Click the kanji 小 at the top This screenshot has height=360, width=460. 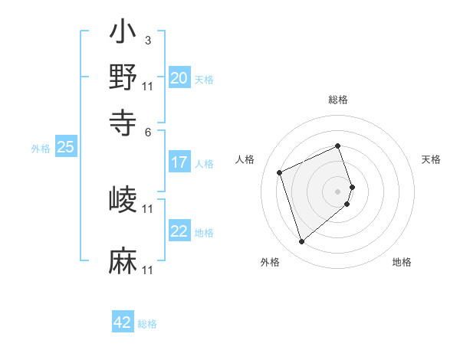123,34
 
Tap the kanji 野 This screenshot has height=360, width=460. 123,77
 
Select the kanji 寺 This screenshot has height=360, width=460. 123,120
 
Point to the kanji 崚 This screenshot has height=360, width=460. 123,200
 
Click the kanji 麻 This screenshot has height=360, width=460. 123,260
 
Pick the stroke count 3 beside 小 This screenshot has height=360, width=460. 147,40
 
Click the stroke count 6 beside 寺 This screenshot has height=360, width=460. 148,131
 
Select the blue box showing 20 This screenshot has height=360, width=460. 179,78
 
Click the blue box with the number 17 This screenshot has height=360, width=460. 179,162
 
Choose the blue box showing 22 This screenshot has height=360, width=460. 179,231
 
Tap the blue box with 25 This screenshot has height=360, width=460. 65,148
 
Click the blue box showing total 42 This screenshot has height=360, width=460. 123,322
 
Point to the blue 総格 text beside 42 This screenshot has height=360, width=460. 147,324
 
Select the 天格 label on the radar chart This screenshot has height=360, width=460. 431,159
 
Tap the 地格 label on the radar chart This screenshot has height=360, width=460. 402,263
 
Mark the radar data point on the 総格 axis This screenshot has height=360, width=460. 338,146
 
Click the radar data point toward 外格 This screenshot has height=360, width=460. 301,242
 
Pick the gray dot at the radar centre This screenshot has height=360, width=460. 338,190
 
